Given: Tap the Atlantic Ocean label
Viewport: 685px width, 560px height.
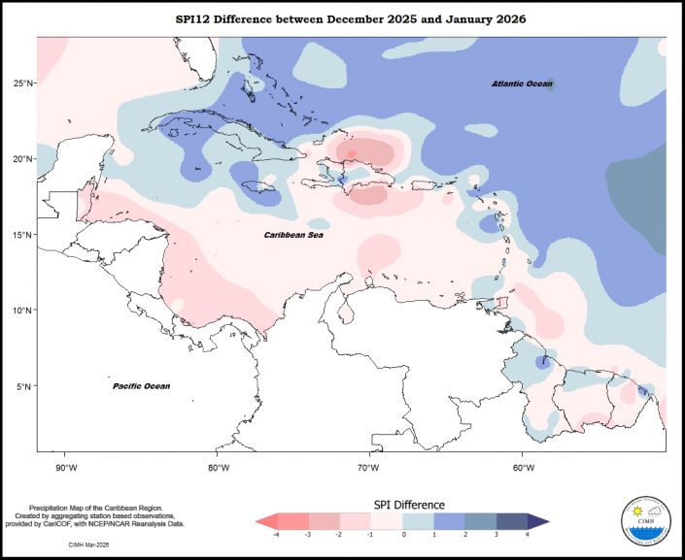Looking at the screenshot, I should click(x=522, y=84).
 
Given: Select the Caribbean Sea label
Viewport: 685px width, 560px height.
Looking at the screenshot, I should click(x=295, y=235).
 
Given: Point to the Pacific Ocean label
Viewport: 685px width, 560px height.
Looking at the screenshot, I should click(x=141, y=386).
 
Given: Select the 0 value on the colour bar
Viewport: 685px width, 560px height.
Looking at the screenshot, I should click(x=403, y=535).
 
